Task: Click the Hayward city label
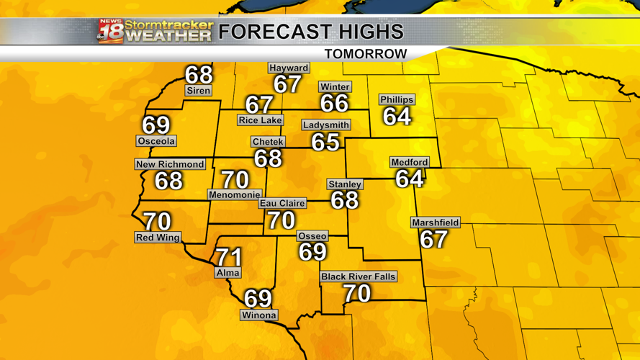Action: (x=289, y=68)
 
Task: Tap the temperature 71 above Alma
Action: (x=229, y=256)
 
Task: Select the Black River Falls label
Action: (x=358, y=276)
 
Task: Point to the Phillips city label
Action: (x=397, y=99)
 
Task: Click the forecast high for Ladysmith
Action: (x=325, y=142)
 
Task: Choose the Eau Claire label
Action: (x=282, y=203)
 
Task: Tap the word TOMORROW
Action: (x=365, y=54)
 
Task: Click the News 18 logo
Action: (x=111, y=32)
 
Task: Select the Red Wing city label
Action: (x=158, y=237)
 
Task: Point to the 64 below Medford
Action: (x=410, y=179)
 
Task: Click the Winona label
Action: (x=258, y=315)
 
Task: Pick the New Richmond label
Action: (x=171, y=164)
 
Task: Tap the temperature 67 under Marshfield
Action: (x=434, y=239)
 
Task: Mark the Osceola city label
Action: (x=156, y=141)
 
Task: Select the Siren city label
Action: (x=198, y=91)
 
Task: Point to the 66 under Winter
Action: (x=334, y=104)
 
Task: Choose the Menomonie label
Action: (x=234, y=194)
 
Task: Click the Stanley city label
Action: (x=345, y=184)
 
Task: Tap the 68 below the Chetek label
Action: (x=268, y=158)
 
